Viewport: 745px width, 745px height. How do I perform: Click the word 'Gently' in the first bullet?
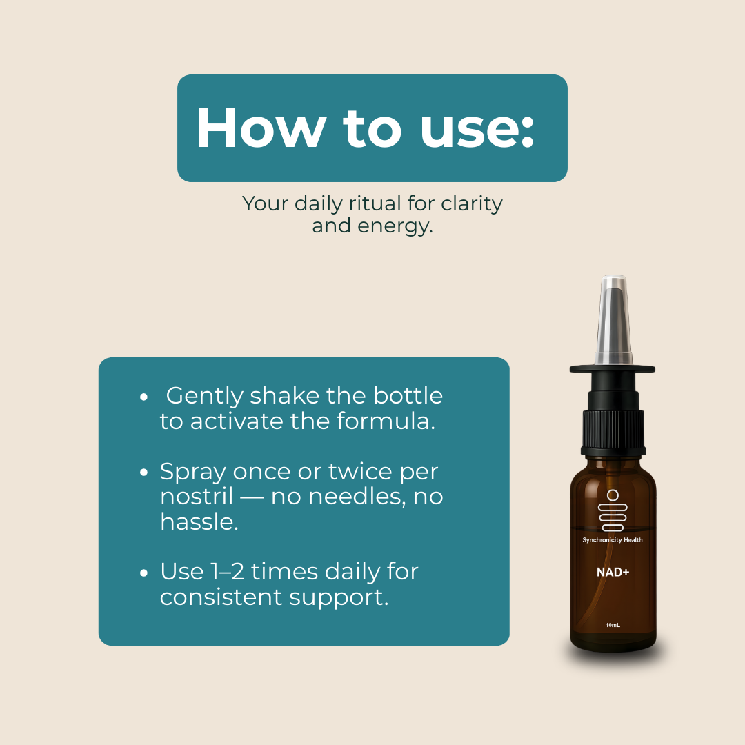coord(205,396)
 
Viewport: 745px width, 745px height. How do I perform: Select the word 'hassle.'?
coord(199,521)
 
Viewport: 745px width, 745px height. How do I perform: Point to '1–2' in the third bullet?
coord(228,572)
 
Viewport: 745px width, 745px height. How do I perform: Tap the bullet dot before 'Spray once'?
coord(143,473)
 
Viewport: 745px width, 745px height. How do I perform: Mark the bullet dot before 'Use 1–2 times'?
coord(143,573)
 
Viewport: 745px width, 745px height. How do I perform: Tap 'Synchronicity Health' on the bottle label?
coord(612,540)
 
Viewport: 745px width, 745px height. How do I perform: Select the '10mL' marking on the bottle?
coord(612,626)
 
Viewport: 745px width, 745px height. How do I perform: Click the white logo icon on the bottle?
coord(613,512)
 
